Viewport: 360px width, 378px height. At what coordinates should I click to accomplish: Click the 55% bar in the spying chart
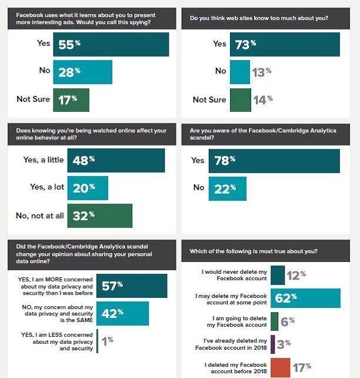[x=111, y=44]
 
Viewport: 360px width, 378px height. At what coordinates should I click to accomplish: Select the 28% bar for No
[x=82, y=72]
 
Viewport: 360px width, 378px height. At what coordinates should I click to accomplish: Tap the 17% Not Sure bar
[x=71, y=100]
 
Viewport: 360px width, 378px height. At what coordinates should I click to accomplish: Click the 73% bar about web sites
[x=284, y=44]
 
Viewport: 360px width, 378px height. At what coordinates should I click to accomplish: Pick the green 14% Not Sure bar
[x=239, y=100]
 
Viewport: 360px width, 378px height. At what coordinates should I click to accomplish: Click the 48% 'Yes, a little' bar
[x=116, y=160]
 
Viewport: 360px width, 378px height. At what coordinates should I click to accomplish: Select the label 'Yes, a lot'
[x=48, y=188]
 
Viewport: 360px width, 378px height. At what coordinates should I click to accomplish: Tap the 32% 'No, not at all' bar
[x=99, y=215]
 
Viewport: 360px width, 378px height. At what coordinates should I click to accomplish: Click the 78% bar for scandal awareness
[x=274, y=161]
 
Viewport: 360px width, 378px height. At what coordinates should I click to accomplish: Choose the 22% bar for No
[x=227, y=188]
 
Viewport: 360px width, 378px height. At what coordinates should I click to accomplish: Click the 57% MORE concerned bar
[x=132, y=286]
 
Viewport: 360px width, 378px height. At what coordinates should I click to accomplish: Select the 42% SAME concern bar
[x=122, y=313]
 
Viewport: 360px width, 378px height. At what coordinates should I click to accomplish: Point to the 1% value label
[x=107, y=340]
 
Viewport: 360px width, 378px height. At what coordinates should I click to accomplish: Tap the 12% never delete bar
[x=278, y=274]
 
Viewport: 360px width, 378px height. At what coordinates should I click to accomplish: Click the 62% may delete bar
[x=305, y=298]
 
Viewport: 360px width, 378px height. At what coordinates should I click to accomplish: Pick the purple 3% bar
[x=273, y=344]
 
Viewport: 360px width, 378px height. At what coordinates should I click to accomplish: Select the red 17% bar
[x=280, y=367]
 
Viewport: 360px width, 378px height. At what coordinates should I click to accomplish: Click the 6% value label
[x=288, y=321]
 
